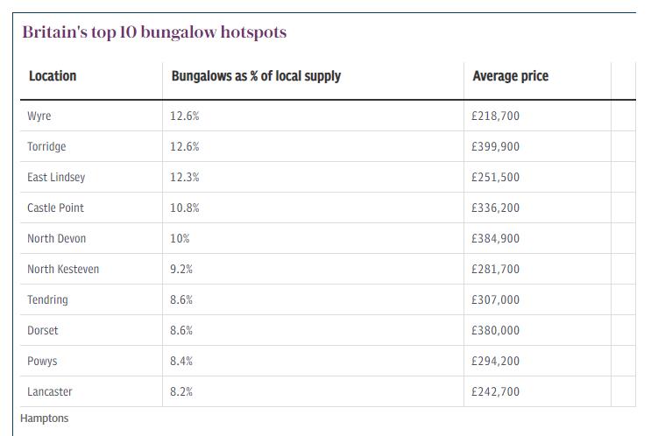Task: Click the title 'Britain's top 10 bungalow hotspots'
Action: pos(154,32)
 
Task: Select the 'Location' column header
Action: pos(53,76)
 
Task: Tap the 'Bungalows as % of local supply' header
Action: pos(256,76)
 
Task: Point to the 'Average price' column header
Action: pos(509,76)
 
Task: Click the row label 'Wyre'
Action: pos(39,116)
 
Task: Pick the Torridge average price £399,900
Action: pos(495,146)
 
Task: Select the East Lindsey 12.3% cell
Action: pos(185,177)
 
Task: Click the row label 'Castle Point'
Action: pos(56,207)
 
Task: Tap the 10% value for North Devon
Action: pos(180,238)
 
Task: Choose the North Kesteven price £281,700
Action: pos(495,269)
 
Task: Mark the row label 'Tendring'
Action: pos(47,299)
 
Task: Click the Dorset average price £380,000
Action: pos(495,330)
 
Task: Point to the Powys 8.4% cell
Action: pos(181,361)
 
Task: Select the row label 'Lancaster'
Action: pos(50,391)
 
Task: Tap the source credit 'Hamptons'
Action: pos(45,418)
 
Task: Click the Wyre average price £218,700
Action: pos(495,116)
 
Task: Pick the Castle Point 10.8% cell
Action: pos(185,207)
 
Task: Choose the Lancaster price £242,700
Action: pos(495,391)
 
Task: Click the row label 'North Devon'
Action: pos(57,238)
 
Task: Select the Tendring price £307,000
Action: pos(495,299)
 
